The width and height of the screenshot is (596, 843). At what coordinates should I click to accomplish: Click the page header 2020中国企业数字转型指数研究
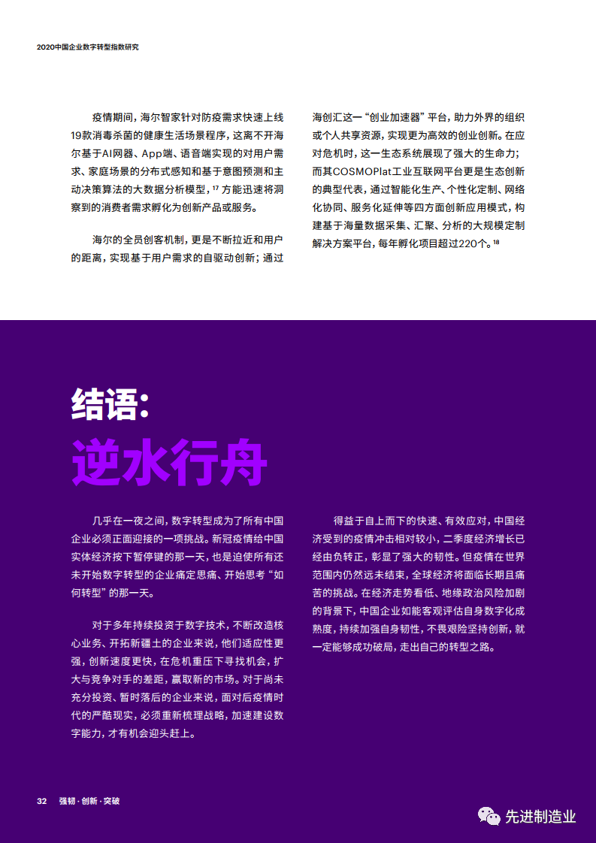pos(88,47)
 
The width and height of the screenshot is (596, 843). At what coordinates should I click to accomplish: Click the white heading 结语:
pos(110,405)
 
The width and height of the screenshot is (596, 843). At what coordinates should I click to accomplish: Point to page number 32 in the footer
pos(42,801)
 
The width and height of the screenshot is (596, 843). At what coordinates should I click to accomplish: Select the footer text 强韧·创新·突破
pos(89,801)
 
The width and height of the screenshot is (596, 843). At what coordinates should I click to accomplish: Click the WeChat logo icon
pos(490,816)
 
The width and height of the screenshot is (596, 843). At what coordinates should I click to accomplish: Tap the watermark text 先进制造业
pos(540,817)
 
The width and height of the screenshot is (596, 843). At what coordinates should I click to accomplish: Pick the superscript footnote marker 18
pos(496,241)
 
